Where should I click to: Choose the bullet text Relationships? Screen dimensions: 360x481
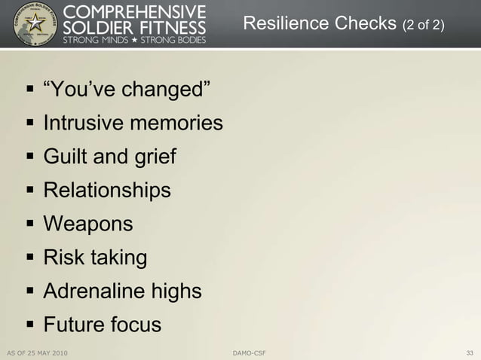pyautogui.click(x=107, y=191)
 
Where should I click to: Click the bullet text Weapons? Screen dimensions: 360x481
pyautogui.click(x=88, y=224)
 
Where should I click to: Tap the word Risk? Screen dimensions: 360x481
pyautogui.click(x=64, y=258)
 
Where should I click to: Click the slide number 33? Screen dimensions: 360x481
pyautogui.click(x=470, y=352)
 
